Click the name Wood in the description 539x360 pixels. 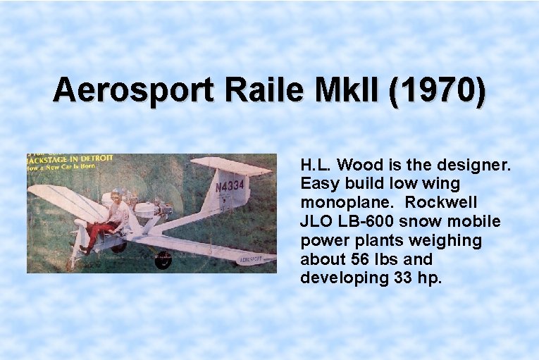[x=360, y=166]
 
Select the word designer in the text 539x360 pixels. [x=478, y=166]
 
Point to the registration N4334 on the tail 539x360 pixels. [x=230, y=186]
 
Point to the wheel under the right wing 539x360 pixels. [x=163, y=260]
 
